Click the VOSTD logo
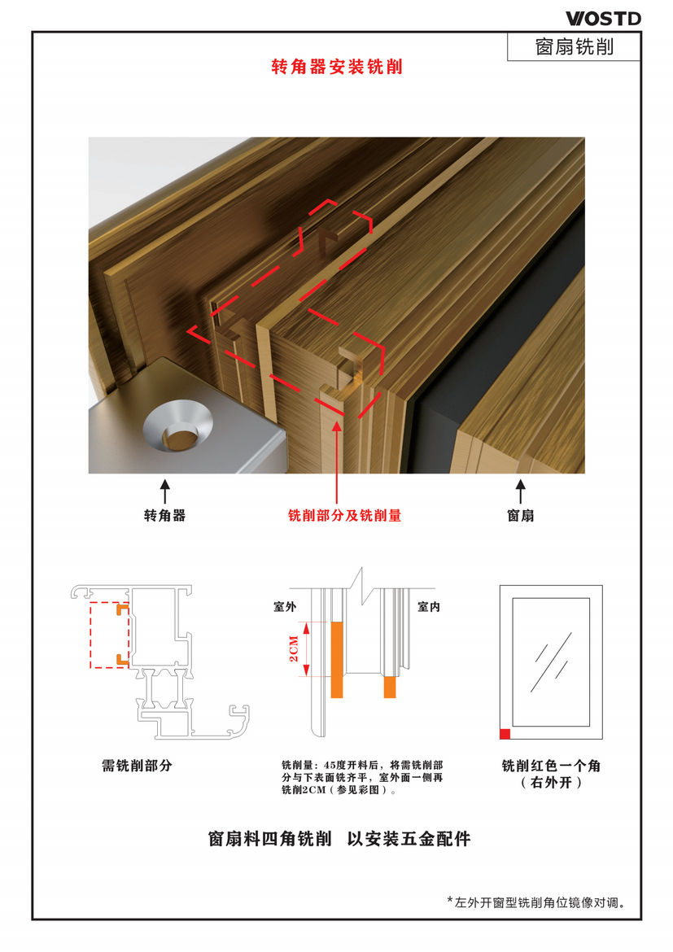tap(603, 19)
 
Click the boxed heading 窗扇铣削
tap(574, 46)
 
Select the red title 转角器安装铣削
tap(337, 67)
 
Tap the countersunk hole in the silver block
tap(178, 426)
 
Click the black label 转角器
tap(164, 516)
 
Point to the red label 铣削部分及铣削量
tap(344, 516)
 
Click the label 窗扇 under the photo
tap(521, 516)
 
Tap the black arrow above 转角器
tap(164, 491)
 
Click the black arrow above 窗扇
tap(521, 491)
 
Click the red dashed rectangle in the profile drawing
tap(90, 635)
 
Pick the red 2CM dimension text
tap(294, 648)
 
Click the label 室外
tap(285, 606)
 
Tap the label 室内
tap(429, 606)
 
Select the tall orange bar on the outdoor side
tap(337, 659)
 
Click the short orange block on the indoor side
tap(390, 687)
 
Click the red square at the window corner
tap(505, 734)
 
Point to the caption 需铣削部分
tap(137, 766)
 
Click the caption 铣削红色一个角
tap(551, 766)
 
